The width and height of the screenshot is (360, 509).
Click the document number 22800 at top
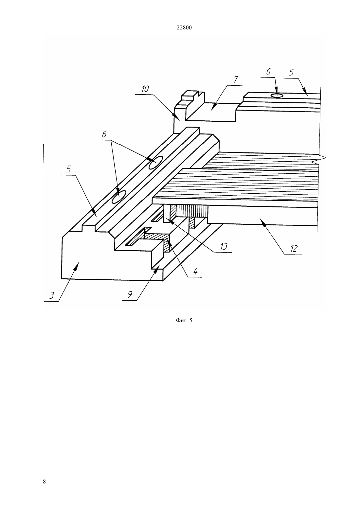coord(184,28)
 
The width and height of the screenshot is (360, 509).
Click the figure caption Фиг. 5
coord(184,320)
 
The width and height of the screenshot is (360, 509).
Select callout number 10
coord(145,89)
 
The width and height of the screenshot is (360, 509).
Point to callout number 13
coord(224,247)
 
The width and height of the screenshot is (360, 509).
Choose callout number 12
coord(294,249)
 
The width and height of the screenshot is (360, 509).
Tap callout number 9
coord(130,295)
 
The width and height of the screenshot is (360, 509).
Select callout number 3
coord(52,296)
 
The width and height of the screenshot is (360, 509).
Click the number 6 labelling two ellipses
coord(104,134)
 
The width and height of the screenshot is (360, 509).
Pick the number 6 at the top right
coord(268,72)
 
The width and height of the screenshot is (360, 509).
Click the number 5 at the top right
coord(291,72)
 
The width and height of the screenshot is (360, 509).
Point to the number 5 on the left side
coord(69,169)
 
